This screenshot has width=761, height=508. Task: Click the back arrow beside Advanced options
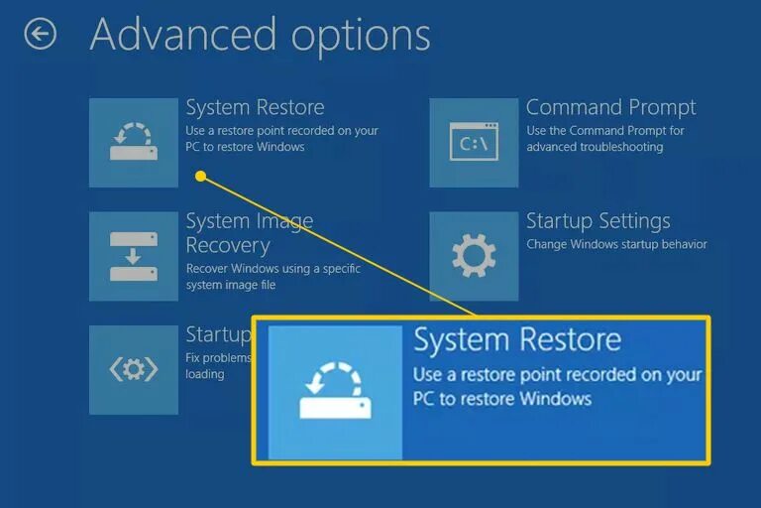(x=41, y=36)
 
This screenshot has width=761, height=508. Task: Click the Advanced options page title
(x=260, y=35)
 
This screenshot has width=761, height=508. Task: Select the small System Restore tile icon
(x=134, y=142)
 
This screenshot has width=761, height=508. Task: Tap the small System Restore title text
(x=255, y=107)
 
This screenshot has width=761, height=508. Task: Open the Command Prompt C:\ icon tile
(x=474, y=142)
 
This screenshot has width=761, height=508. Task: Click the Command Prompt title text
(x=610, y=107)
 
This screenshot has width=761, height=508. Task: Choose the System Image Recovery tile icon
(x=134, y=256)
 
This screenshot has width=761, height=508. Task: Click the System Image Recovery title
(x=249, y=233)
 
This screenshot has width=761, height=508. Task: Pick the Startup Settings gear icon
(x=474, y=256)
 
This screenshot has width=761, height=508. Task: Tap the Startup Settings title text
(x=598, y=220)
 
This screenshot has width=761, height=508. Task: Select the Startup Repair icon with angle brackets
(x=134, y=370)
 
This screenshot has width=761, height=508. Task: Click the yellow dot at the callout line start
(x=200, y=177)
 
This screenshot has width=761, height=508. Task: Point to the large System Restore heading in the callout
(x=516, y=340)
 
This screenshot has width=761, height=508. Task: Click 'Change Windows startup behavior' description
(x=616, y=244)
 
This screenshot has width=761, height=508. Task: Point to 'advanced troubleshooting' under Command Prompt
(x=595, y=147)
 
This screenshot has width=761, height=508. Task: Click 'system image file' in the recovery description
(x=231, y=285)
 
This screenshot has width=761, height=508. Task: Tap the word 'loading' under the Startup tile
(x=205, y=374)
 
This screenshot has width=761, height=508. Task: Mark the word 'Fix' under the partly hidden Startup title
(x=194, y=357)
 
